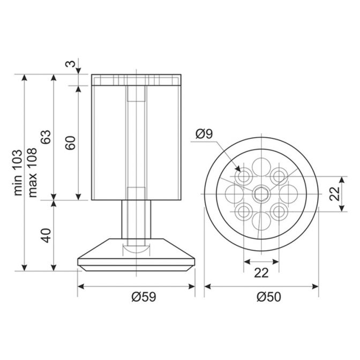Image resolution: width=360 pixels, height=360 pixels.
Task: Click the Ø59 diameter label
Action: (144, 297)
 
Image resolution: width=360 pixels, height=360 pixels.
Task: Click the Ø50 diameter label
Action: (268, 297)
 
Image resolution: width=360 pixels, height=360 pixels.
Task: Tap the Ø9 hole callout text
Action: (204, 134)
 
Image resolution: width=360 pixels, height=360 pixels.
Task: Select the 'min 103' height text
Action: (18, 172)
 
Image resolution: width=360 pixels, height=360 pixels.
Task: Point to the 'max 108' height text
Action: (32, 172)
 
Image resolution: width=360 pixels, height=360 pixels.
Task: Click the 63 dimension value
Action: (46, 137)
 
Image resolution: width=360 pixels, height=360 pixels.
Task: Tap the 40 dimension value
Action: (46, 235)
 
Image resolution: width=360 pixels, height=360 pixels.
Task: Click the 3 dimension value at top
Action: (71, 64)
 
